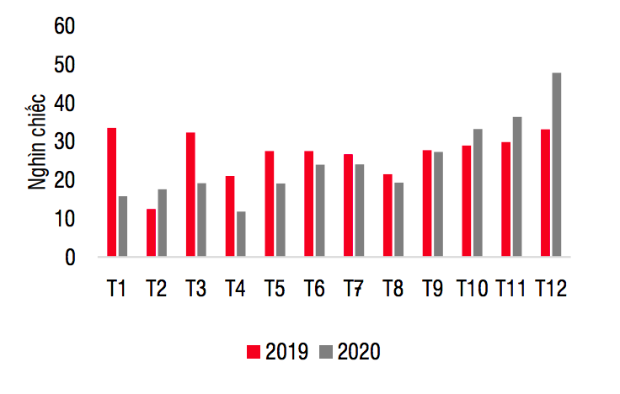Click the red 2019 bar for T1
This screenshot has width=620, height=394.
[111, 192]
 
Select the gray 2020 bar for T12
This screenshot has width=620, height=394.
[557, 164]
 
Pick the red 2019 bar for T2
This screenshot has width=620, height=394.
[151, 232]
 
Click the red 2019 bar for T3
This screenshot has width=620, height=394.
[190, 194]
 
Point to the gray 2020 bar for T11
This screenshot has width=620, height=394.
[517, 186]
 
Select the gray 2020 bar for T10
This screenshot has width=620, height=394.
[478, 193]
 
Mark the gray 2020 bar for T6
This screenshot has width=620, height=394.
[320, 210]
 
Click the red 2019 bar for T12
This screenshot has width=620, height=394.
[546, 193]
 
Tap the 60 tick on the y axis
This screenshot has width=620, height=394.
[65, 27]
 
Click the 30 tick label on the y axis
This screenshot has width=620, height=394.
[65, 142]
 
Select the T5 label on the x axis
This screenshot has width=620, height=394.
[274, 289]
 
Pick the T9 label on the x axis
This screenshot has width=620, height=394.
[432, 289]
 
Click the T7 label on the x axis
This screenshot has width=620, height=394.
[353, 289]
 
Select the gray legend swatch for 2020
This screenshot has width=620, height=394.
[326, 352]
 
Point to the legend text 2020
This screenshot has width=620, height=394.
[359, 352]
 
